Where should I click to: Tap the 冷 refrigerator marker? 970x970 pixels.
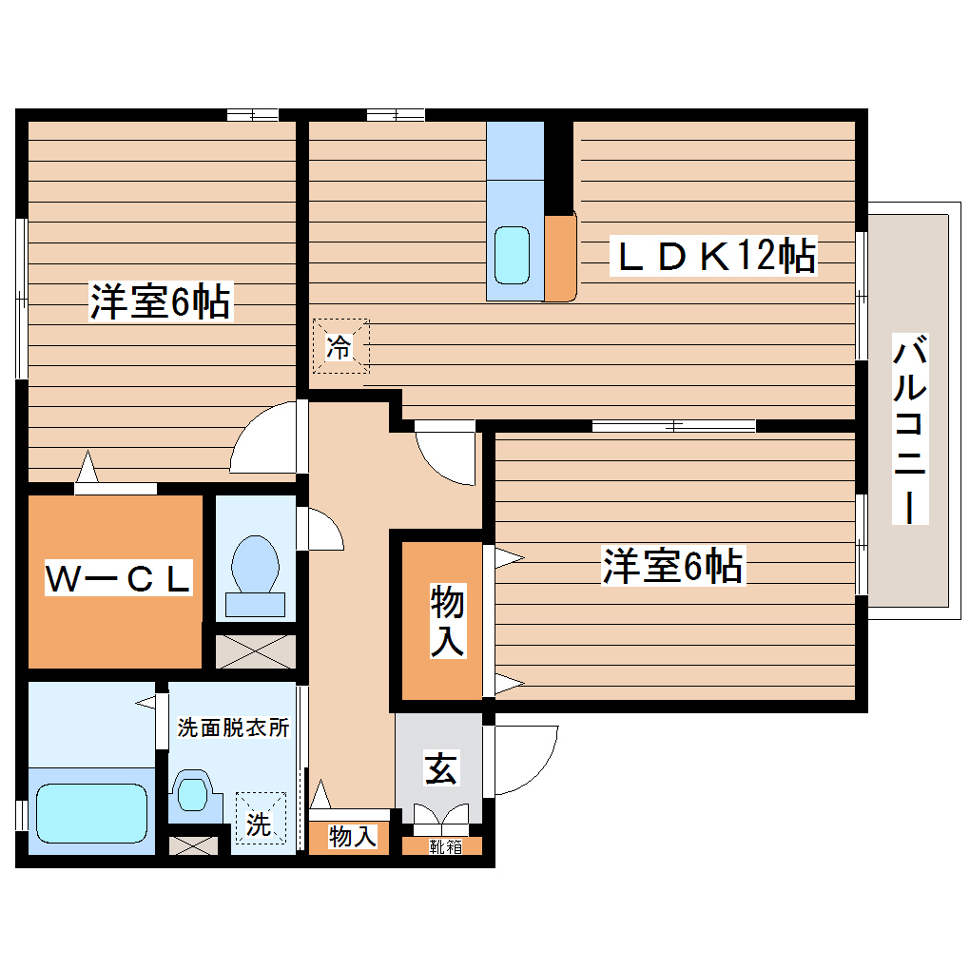point(339,346)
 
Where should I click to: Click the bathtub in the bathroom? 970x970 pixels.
point(91,813)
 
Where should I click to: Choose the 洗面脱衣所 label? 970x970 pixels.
point(234,728)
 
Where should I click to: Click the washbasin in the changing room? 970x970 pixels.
point(194,792)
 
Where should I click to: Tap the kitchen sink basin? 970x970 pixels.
point(514,255)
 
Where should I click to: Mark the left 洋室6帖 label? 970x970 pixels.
point(160,301)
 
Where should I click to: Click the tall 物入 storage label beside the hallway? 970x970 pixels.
point(446,619)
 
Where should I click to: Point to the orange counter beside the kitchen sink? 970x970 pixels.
point(560,258)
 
